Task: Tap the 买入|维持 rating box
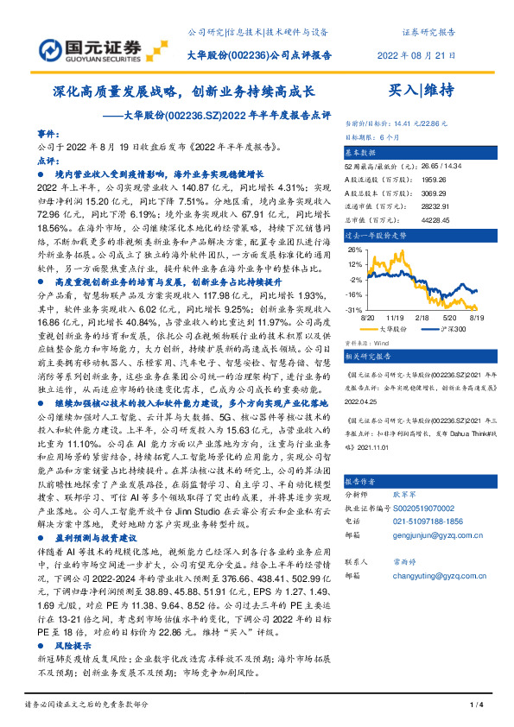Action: pos(422,89)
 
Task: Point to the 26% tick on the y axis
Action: pos(354,250)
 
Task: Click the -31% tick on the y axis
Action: pos(354,309)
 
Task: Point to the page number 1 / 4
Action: pos(473,705)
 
